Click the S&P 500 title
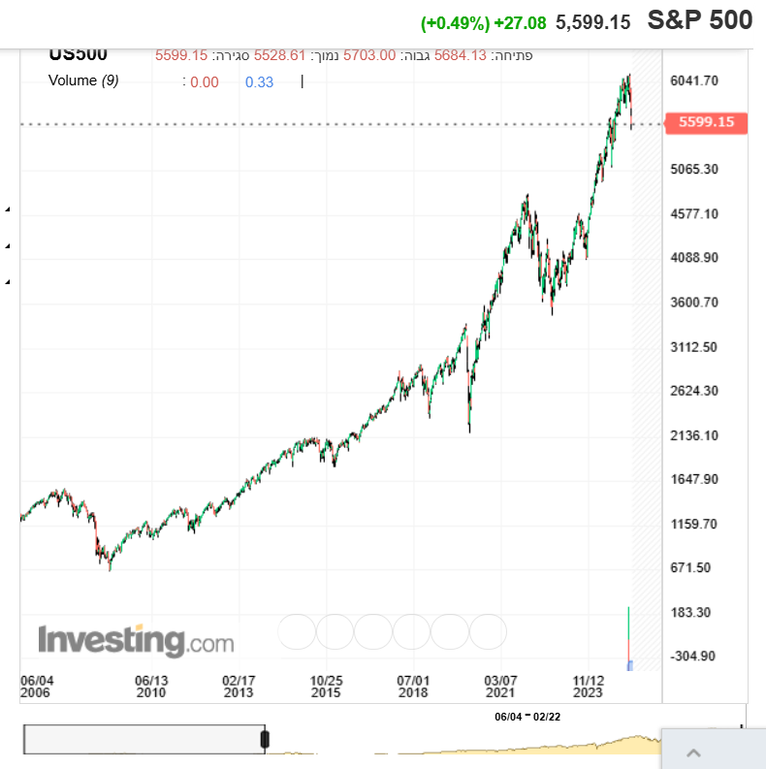point(700,20)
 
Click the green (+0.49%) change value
point(455,21)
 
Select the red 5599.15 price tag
point(706,122)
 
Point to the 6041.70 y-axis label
point(693,80)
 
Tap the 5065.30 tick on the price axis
point(693,169)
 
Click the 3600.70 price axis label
point(693,302)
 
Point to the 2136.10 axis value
point(693,435)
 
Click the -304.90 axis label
point(693,656)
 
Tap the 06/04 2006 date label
point(37,687)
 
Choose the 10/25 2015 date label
point(326,687)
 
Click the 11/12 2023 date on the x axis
point(589,687)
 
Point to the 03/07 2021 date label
point(500,687)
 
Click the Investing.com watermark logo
point(136,641)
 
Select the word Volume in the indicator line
point(73,80)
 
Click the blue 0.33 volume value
point(259,82)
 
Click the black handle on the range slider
point(265,740)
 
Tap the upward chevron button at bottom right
point(694,753)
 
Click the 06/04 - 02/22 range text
point(527,716)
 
